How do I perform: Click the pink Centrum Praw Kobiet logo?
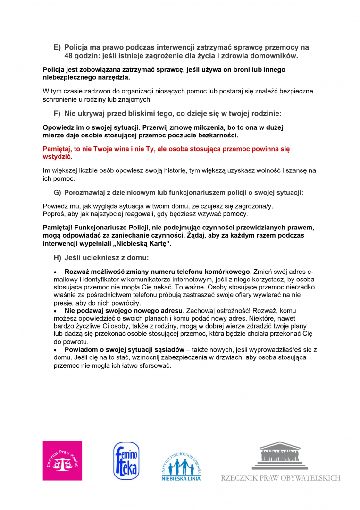[62, 460]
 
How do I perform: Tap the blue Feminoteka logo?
[126, 460]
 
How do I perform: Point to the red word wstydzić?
[57, 156]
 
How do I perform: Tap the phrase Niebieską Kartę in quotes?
[143, 244]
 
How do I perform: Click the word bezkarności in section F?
[217, 135]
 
